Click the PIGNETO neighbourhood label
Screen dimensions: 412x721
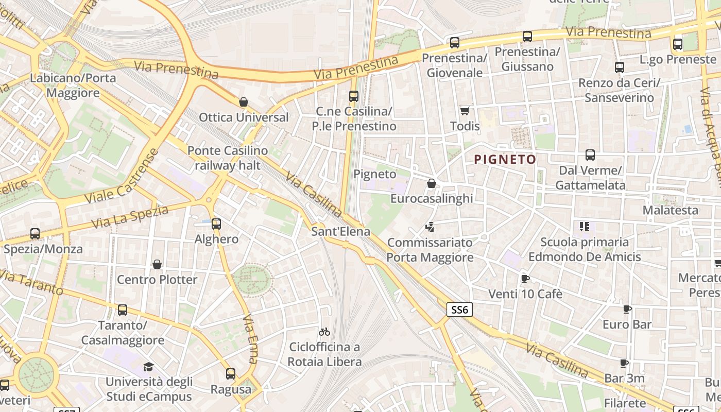[505, 160]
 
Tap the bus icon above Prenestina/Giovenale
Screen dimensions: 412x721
[454, 43]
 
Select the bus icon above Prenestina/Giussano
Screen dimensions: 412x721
[527, 37]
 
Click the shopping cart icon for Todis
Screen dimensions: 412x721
[465, 111]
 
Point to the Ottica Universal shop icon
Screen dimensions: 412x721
[244, 102]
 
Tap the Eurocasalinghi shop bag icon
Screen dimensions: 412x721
[432, 183]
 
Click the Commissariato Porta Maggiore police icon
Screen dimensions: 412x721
[430, 227]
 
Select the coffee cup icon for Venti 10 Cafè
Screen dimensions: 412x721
[525, 279]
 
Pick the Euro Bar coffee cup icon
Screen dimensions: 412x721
[627, 309]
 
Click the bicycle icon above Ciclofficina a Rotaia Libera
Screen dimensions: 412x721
[324, 332]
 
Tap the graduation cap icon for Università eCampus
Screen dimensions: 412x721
[148, 367]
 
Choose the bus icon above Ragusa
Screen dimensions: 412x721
[231, 374]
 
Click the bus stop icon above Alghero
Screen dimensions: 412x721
[216, 224]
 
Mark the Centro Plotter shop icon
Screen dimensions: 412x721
[157, 264]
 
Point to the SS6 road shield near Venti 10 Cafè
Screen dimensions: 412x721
[459, 310]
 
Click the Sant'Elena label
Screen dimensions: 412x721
[340, 232]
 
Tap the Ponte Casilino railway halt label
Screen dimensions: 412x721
[228, 158]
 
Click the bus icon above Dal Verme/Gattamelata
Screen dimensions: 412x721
[590, 155]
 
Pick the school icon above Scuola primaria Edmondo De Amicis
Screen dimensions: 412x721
[584, 226]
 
